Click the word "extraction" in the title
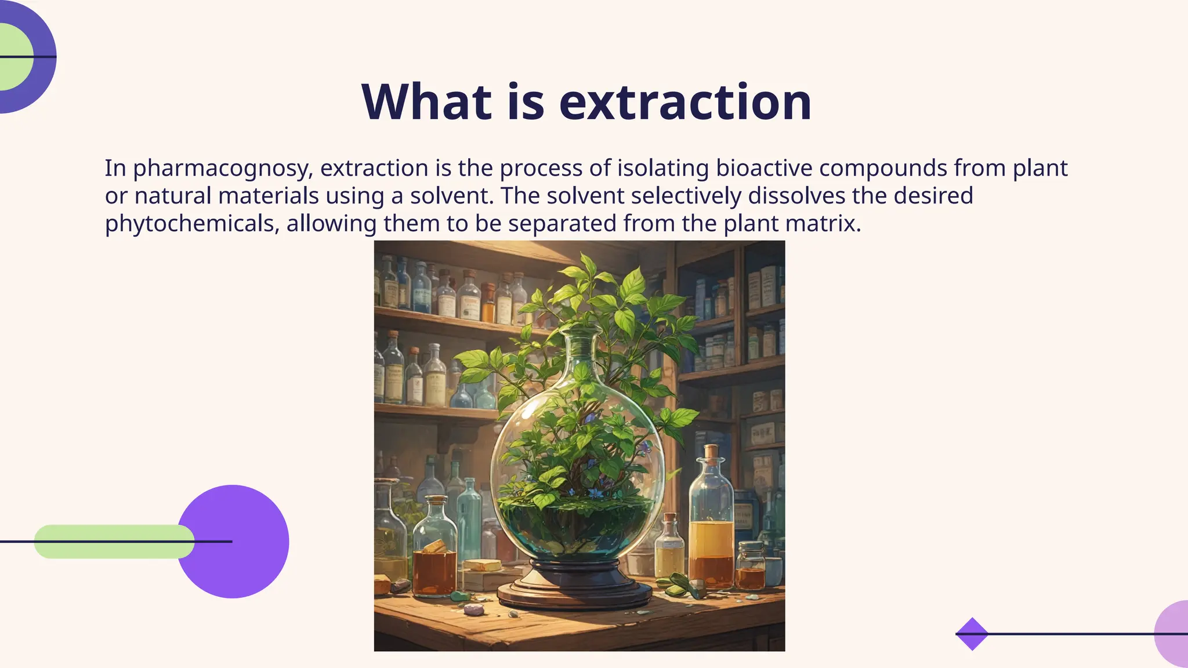point(685,102)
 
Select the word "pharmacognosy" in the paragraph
point(223,169)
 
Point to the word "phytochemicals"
point(189,224)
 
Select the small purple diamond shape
point(972,634)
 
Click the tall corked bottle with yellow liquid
point(711,522)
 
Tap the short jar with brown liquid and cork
point(434,557)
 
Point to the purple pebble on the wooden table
point(475,609)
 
